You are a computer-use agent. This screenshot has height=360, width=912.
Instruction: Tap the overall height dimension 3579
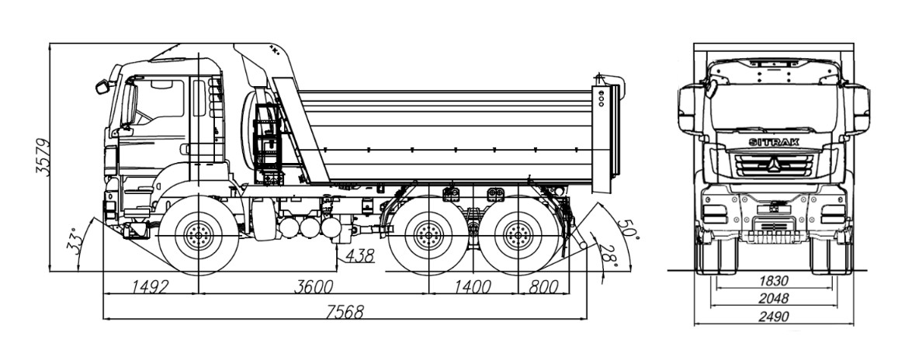click(44, 158)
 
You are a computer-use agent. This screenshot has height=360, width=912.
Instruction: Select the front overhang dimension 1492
click(148, 287)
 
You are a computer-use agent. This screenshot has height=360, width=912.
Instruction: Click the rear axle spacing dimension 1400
click(472, 287)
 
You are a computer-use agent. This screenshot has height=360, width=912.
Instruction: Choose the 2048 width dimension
click(773, 299)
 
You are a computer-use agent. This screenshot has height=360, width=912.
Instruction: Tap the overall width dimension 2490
click(773, 317)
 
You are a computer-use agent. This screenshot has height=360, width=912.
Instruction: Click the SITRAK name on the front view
click(773, 142)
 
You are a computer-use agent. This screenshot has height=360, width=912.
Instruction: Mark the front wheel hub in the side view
click(199, 234)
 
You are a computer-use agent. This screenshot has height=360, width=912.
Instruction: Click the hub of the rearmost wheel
click(516, 234)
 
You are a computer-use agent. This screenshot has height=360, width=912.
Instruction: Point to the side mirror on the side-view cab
click(102, 87)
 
